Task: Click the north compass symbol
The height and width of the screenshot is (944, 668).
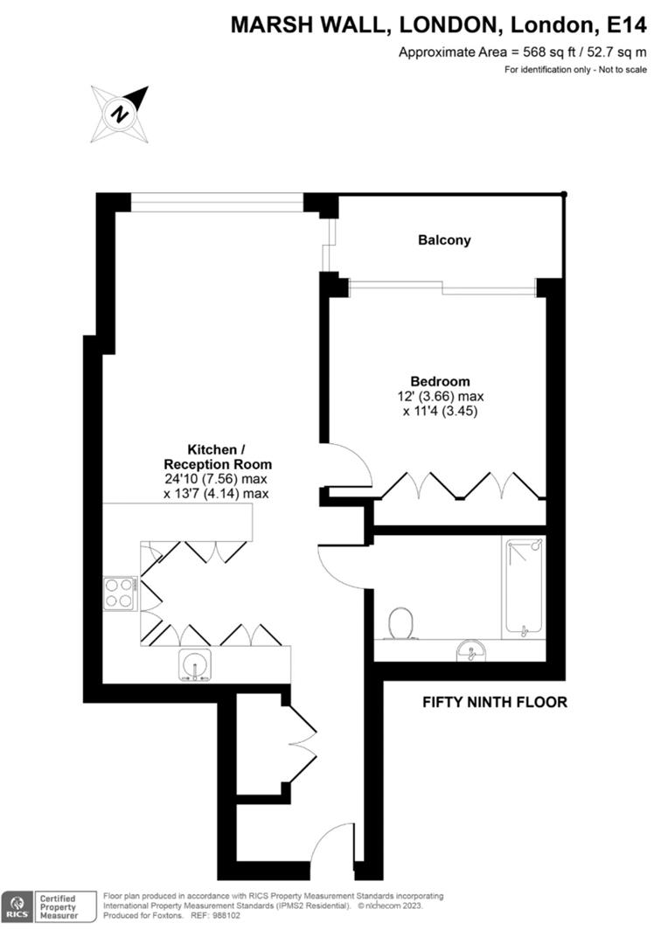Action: click(120, 114)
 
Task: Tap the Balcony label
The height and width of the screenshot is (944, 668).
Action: click(444, 239)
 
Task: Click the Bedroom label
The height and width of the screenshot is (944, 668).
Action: click(441, 381)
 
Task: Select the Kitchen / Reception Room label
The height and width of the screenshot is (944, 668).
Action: click(218, 457)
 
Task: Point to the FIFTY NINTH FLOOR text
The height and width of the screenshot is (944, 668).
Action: click(495, 701)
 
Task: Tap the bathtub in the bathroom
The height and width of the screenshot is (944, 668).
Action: click(524, 587)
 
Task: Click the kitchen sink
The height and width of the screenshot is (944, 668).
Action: click(194, 665)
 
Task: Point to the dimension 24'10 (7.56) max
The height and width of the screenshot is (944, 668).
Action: click(217, 479)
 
